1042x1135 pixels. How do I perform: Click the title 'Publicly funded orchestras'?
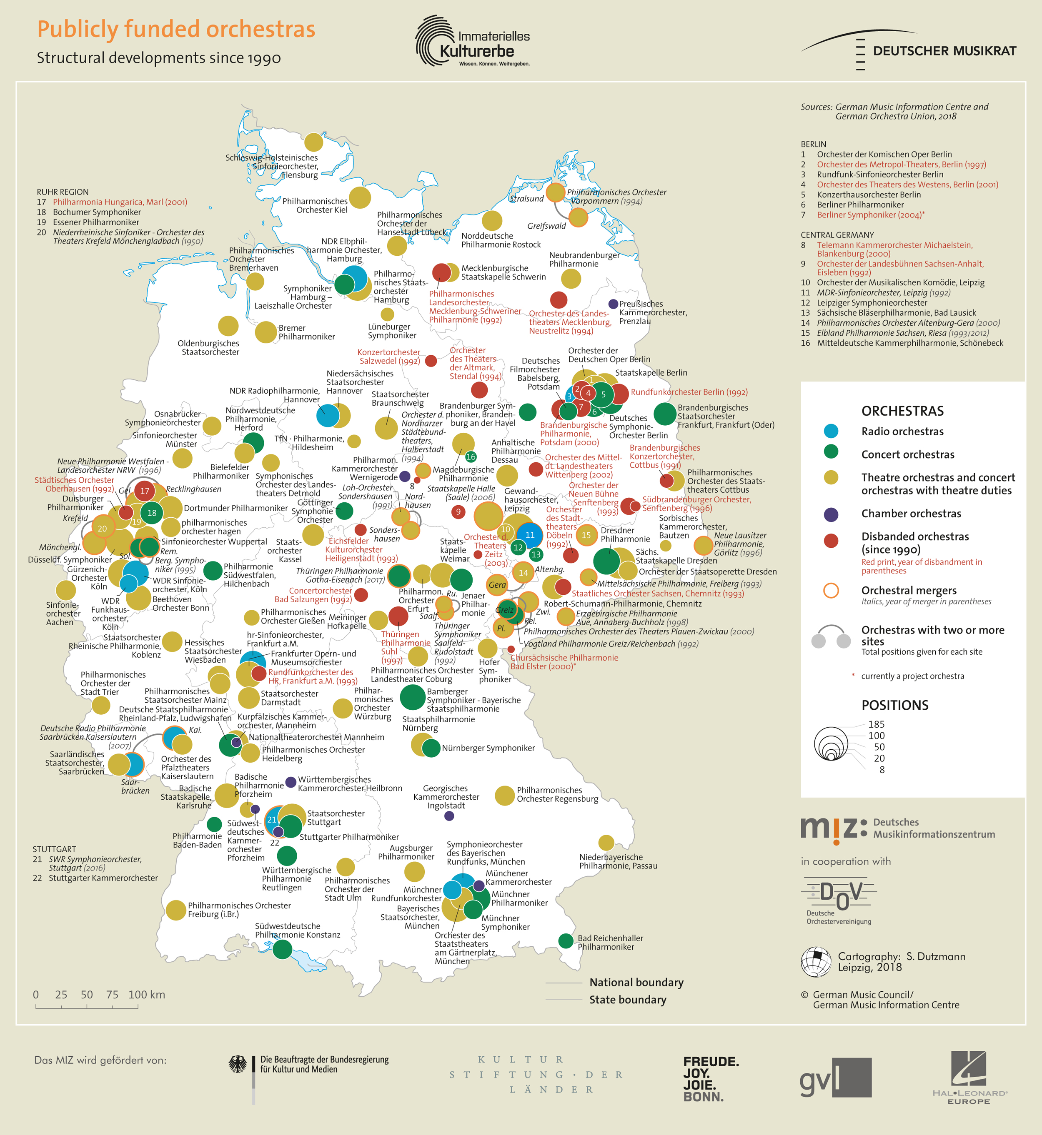176,29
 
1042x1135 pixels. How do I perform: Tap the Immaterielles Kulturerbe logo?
473,42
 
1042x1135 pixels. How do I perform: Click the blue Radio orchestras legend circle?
831,431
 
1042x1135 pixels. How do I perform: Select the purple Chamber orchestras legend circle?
831,514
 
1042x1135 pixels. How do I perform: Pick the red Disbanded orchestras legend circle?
831,541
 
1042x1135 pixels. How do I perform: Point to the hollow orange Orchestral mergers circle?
831,591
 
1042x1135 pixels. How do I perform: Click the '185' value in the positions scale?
876,724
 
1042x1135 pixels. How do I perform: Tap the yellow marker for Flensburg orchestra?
313,142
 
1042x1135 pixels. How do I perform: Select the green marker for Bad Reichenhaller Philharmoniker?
566,940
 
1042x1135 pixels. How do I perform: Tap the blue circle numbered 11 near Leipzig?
529,535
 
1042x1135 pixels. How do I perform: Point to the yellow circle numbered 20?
102,529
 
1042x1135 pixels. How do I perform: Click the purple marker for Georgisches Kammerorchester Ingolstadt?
449,816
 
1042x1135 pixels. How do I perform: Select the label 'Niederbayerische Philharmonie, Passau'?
618,861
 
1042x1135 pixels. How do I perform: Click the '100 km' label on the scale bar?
147,995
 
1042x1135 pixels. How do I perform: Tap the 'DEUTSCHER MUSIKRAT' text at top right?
944,51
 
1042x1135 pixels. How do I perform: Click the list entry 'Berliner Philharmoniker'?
860,205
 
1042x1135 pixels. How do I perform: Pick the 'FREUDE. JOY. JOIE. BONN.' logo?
711,1079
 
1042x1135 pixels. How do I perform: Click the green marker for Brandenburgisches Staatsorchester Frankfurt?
664,414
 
